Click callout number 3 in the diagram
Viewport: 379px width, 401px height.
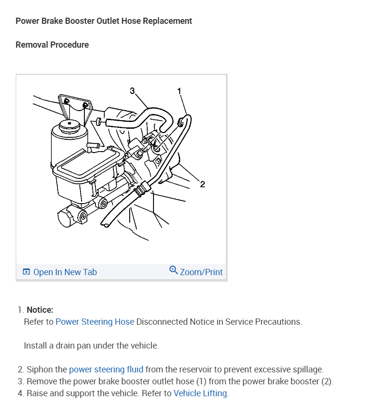[132, 91]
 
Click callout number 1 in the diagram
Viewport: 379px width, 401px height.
[179, 91]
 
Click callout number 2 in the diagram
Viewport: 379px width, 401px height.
[202, 184]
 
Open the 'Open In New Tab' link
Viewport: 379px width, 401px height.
[65, 272]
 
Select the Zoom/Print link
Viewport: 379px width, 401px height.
[201, 272]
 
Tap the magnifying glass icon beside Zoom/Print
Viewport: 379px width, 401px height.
[174, 270]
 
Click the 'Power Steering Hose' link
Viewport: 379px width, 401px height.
[95, 322]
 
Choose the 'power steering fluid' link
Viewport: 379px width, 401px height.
[106, 370]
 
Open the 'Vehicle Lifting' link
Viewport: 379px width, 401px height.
[200, 393]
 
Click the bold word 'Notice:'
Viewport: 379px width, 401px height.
[40, 310]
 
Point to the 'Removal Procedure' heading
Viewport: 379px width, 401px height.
[52, 45]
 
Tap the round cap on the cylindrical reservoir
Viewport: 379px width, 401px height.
[69, 125]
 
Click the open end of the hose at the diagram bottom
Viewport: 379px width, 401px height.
[105, 225]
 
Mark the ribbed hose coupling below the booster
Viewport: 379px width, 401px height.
[142, 189]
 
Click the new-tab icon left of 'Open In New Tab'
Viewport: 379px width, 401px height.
[26, 272]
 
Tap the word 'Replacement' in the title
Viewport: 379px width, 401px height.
[167, 21]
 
